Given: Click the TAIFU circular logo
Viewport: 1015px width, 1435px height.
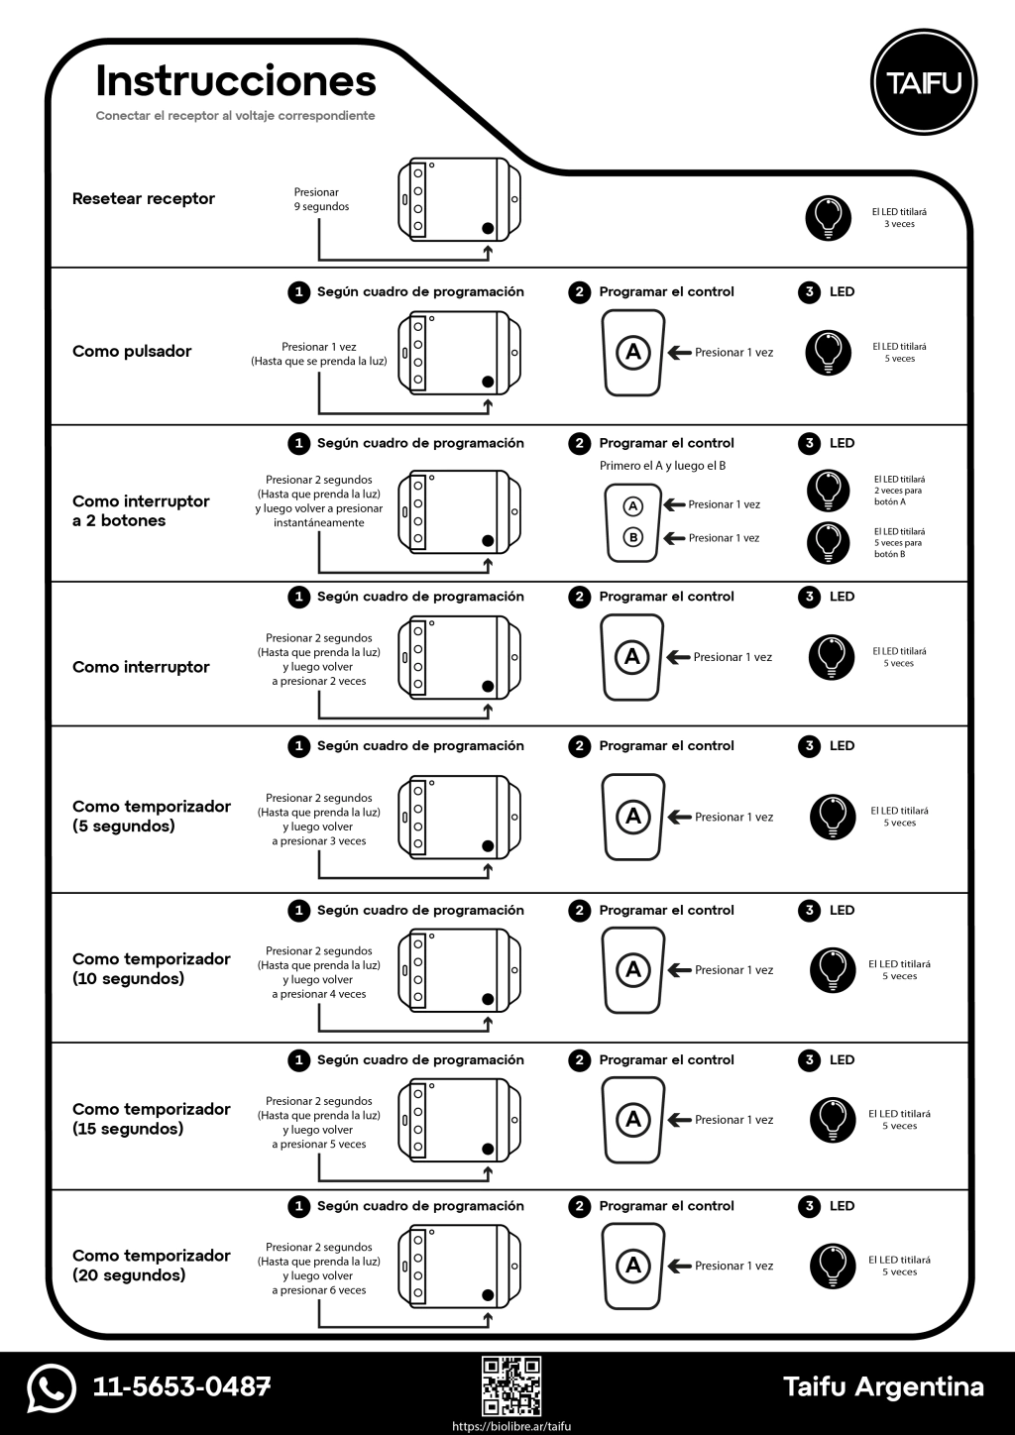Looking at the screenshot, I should tap(923, 82).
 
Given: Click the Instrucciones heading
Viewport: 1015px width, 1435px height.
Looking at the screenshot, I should tap(236, 81).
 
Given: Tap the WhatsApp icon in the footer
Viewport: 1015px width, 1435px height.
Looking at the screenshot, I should tap(52, 1387).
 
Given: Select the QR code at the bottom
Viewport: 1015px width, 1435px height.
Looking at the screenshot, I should tap(511, 1385).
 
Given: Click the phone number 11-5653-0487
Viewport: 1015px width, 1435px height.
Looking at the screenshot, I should tap(181, 1386).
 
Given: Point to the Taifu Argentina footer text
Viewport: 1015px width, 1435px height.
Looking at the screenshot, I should tap(883, 1386).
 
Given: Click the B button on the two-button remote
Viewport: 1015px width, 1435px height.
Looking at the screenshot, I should tap(632, 537).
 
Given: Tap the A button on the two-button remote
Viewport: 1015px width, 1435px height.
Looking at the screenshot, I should tap(632, 505).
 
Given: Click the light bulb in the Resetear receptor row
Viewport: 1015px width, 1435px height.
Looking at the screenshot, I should tap(829, 217).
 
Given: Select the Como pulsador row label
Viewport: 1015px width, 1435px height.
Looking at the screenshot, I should tap(132, 351).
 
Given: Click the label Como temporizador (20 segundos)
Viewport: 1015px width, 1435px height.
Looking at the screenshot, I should tap(151, 1266).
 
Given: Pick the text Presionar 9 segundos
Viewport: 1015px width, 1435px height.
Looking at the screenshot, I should tap(320, 199).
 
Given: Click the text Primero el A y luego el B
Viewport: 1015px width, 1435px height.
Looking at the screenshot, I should tap(662, 466).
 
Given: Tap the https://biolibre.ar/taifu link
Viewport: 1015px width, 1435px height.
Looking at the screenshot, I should tap(511, 1426).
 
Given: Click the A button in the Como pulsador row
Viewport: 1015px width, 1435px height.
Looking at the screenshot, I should tap(632, 352).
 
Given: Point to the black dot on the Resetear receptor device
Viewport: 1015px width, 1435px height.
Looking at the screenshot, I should tap(488, 229).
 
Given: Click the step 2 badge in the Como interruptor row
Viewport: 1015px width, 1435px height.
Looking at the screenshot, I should tap(579, 597).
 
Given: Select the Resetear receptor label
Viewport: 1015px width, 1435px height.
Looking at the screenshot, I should tap(144, 198).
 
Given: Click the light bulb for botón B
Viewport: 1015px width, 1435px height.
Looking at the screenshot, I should tap(829, 542).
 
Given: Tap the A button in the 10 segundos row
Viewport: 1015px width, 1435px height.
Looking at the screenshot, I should tap(632, 969).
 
